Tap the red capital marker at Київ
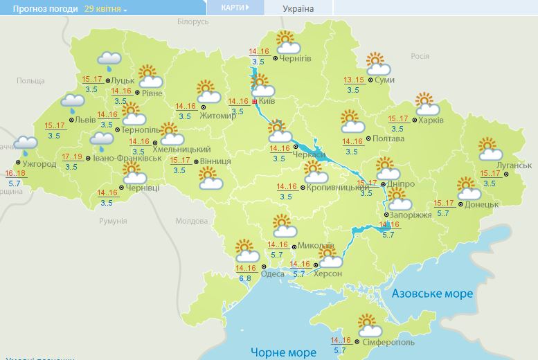(x=255, y=101)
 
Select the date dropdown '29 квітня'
(x=106, y=9)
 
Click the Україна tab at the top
(x=298, y=9)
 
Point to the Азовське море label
(x=432, y=294)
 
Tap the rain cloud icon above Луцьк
(x=109, y=60)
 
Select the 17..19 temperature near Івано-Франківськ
(x=72, y=157)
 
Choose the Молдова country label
(x=192, y=221)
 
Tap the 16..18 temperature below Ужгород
(x=15, y=173)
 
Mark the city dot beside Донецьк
(x=461, y=204)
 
